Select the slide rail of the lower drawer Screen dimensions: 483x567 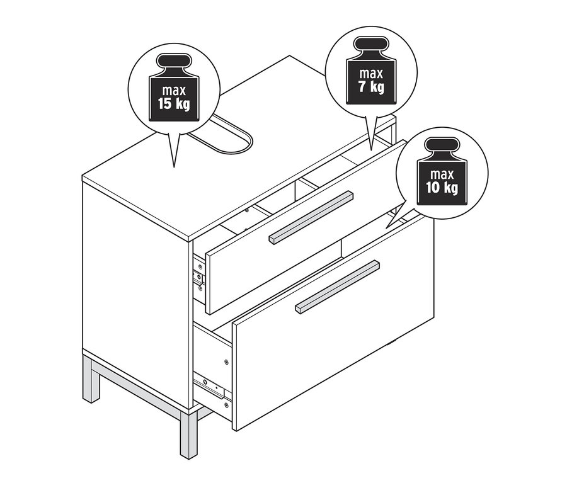pyautogui.click(x=210, y=384)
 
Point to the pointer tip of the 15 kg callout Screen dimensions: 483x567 pyautogui.click(x=174, y=167)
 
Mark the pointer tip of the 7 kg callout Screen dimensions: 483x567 pyautogui.click(x=370, y=149)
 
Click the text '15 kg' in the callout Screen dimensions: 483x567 pyautogui.click(x=173, y=103)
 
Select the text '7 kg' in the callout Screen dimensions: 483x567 pyautogui.click(x=371, y=86)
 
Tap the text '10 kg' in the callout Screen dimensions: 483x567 pyautogui.click(x=440, y=187)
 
